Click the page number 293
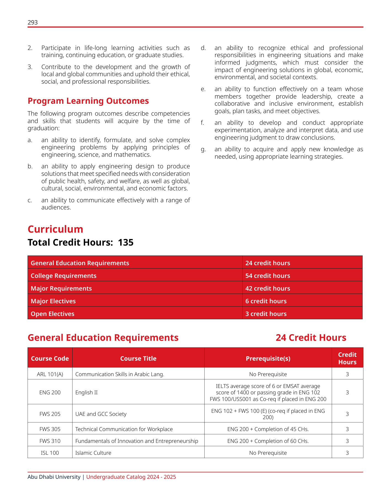tap(33, 23)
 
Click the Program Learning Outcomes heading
tap(88, 101)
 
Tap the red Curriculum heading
tap(55, 229)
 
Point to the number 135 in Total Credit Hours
tap(126, 243)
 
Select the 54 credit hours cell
tap(267, 276)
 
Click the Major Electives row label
tap(53, 301)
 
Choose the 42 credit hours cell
tap(267, 288)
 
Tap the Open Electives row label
tap(52, 314)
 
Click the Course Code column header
tap(50, 358)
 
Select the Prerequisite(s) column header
tap(268, 358)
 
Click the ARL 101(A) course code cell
tap(50, 374)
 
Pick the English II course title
tap(86, 392)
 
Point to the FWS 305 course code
tap(50, 429)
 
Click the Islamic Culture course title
tap(93, 453)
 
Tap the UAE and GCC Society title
tap(101, 414)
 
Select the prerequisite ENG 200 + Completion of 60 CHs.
tap(268, 441)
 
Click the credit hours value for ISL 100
tap(347, 453)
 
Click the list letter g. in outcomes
tap(203, 150)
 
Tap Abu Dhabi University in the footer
tap(54, 477)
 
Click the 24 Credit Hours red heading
tap(311, 338)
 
